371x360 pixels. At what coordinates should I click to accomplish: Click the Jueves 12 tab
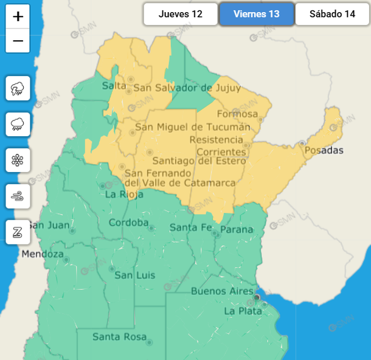[x=180, y=14]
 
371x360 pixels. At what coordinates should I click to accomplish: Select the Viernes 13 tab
[x=257, y=14]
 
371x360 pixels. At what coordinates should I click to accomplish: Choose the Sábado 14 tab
[x=332, y=14]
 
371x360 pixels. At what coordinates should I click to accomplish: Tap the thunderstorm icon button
[x=18, y=89]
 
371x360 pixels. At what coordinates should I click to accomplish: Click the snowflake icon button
[x=18, y=161]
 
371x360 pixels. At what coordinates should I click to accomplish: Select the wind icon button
[x=18, y=196]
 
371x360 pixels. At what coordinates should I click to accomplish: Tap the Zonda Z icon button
[x=18, y=232]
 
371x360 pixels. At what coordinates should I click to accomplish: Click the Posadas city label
[x=324, y=150]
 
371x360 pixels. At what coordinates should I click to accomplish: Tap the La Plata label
[x=243, y=311]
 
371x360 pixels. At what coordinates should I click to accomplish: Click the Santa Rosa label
[x=119, y=336]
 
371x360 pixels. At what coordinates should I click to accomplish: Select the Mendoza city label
[x=43, y=254]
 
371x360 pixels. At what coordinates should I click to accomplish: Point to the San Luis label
[x=135, y=275]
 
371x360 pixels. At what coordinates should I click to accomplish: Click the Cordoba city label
[x=128, y=223]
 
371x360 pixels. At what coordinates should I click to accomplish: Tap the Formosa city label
[x=237, y=114]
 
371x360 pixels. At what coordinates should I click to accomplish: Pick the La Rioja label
[x=124, y=195]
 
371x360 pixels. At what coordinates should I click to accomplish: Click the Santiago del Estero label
[x=199, y=161]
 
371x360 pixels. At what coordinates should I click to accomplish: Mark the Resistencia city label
[x=220, y=140]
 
